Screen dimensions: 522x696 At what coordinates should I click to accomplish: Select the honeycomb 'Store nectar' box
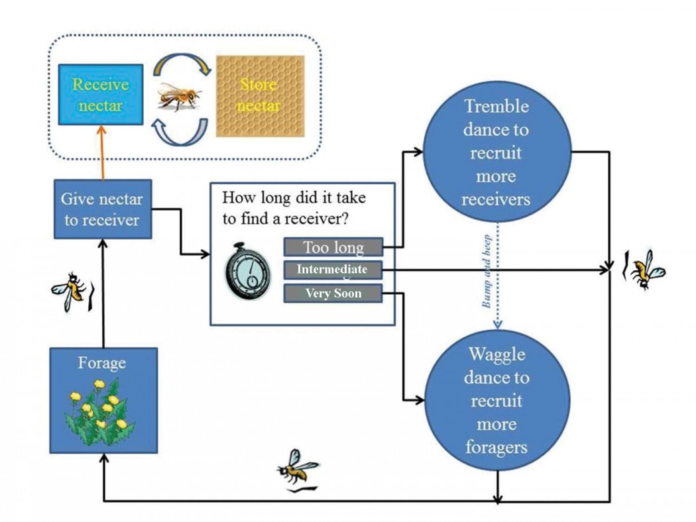(260, 95)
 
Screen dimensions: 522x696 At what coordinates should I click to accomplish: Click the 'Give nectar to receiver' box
(103, 209)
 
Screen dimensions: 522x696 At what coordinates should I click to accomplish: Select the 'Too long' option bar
(333, 247)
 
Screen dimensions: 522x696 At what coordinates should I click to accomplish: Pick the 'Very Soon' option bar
(333, 293)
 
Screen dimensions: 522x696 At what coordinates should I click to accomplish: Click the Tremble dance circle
(496, 152)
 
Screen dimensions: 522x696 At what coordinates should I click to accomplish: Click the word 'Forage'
(102, 363)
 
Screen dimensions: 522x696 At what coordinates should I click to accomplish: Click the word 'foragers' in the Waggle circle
(496, 447)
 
